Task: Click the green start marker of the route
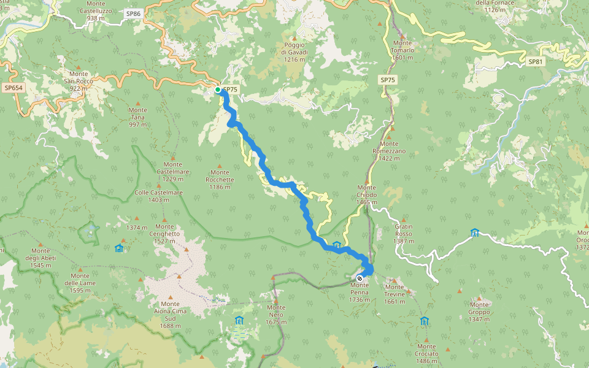click(218, 90)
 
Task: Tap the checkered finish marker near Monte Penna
click(360, 278)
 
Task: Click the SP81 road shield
click(536, 62)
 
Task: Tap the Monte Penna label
click(360, 292)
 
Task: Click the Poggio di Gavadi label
click(294, 52)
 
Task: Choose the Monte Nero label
click(276, 315)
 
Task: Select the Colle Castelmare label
click(158, 196)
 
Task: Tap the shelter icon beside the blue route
click(336, 245)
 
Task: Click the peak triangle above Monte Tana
click(137, 103)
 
